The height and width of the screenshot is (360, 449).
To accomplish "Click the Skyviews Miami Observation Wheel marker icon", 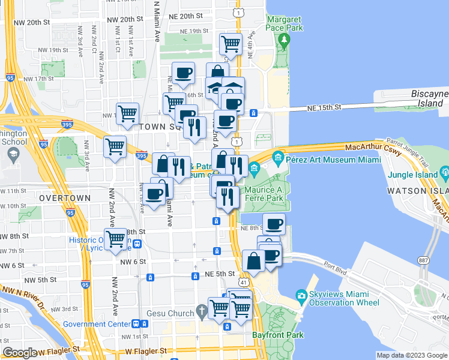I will click(301, 296).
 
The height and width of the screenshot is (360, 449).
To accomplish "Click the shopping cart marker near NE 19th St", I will click(231, 43).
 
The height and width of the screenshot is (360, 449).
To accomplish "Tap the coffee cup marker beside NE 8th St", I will click(274, 224).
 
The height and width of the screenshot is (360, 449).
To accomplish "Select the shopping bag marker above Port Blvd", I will click(254, 261).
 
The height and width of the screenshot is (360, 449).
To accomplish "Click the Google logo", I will click(20, 353).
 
